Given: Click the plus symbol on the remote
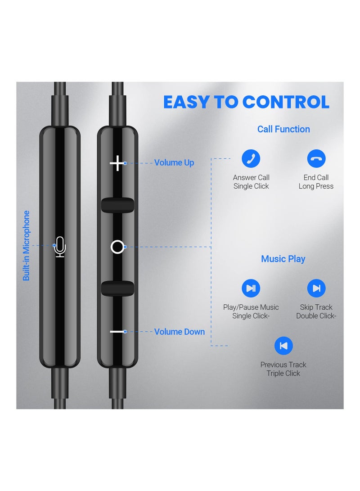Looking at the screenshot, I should point(117,163).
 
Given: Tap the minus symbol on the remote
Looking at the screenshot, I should point(117,332).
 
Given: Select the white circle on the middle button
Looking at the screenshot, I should point(117,247).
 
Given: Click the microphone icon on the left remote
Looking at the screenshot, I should point(60,247).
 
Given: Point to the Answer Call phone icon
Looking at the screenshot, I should point(251,158).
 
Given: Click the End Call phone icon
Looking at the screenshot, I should point(316,158).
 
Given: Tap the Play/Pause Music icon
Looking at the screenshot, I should point(251,288).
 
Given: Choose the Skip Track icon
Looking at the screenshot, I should point(316,288).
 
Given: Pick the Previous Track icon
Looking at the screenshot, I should point(283,346).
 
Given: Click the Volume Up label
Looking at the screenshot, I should point(174,163).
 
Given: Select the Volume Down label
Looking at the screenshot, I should point(180,332).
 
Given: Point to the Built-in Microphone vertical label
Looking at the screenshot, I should point(27,246).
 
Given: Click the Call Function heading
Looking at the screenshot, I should point(283,129).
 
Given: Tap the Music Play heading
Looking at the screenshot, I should point(283,259).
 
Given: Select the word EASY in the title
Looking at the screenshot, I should point(186,102).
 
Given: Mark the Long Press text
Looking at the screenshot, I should point(316,186).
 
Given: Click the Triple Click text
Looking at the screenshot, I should point(283,373).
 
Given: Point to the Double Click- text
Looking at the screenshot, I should point(316,316).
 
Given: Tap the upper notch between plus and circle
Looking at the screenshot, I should point(117,205).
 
